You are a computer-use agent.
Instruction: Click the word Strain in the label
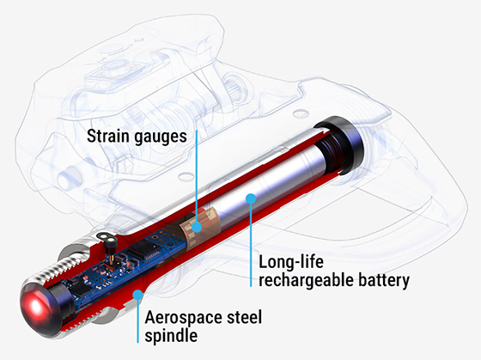point(108,136)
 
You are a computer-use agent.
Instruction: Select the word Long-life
point(291,262)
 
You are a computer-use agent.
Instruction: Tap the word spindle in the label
point(171,336)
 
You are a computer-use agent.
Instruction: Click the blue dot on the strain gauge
point(197,228)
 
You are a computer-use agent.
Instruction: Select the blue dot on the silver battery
point(251,198)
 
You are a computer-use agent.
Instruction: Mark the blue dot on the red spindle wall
point(137,296)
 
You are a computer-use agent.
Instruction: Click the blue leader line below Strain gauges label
point(197,176)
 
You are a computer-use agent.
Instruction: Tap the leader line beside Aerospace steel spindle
point(137,321)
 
